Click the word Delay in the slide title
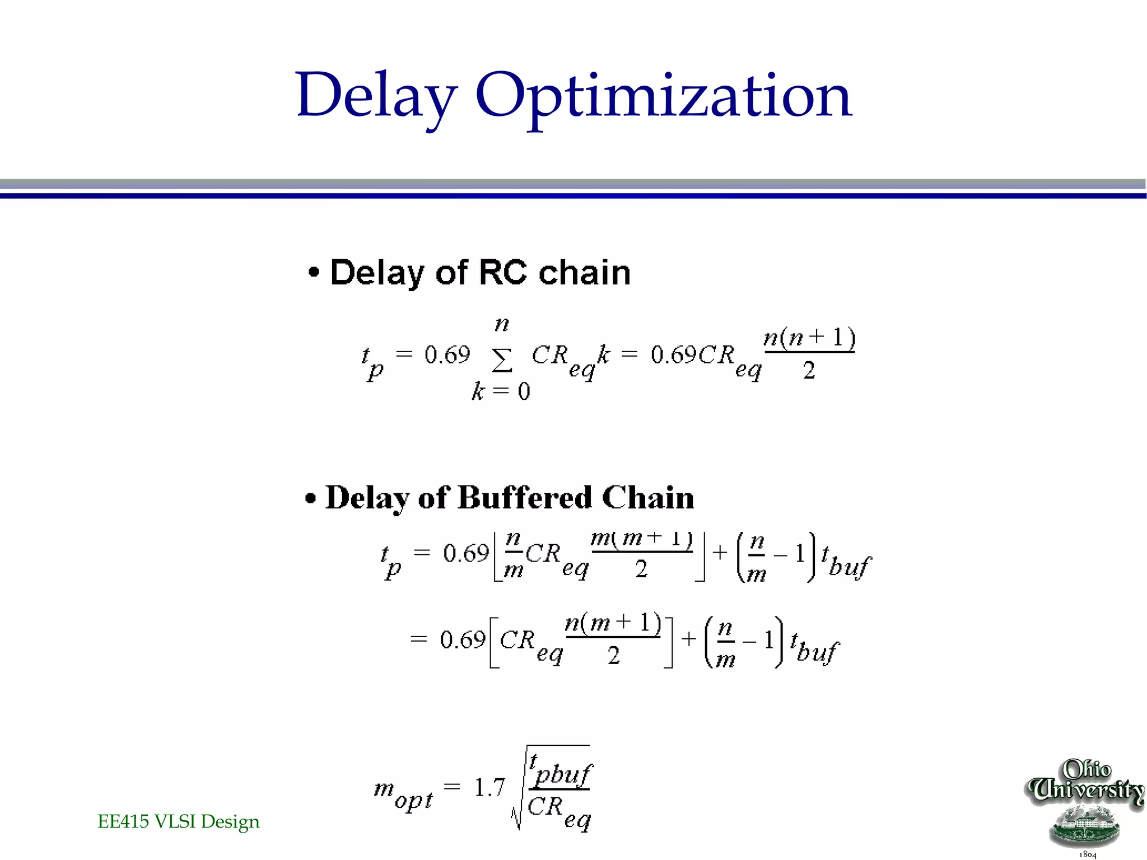pos(376,95)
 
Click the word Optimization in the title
pos(664,96)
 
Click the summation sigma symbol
pos(502,360)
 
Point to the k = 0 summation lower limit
pos(501,391)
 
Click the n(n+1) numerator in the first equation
pos(809,338)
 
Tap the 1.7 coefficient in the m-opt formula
pos(489,787)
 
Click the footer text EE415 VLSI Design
pos(179,821)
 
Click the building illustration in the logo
pos(1085,826)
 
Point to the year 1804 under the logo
pos(1088,854)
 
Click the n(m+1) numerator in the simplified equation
pos(613,623)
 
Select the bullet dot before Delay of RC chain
pos(314,273)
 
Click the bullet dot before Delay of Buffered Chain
pos(311,498)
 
